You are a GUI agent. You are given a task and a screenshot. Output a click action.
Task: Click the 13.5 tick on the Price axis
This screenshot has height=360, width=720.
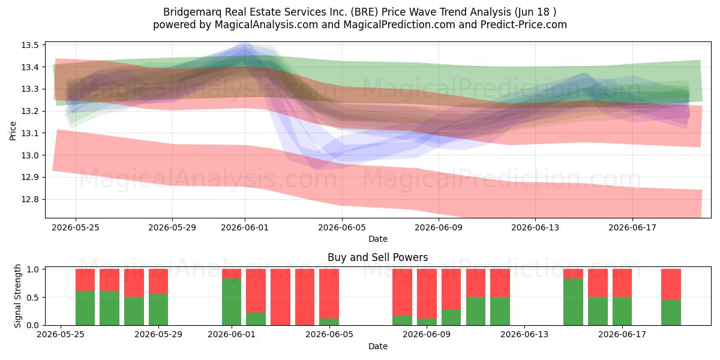(x=30, y=45)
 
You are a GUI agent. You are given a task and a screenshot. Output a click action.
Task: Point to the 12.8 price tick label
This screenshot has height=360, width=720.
(x=30, y=200)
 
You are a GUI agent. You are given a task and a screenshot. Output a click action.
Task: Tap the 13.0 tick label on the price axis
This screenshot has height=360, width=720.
(x=30, y=155)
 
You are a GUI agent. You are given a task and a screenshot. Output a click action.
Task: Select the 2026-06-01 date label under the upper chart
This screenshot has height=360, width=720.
(x=245, y=227)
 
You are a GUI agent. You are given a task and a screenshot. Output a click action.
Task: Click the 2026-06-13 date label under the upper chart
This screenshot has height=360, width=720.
(x=535, y=227)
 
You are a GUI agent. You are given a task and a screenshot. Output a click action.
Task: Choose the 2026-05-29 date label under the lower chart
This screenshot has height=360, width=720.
(x=158, y=334)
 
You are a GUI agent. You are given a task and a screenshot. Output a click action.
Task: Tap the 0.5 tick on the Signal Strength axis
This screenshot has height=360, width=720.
(x=33, y=298)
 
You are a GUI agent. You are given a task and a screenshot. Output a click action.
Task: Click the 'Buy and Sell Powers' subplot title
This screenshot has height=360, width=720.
(x=377, y=257)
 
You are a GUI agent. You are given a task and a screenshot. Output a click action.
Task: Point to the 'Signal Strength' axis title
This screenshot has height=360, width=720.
(x=17, y=296)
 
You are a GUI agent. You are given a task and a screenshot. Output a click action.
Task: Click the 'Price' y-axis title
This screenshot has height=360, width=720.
(x=13, y=131)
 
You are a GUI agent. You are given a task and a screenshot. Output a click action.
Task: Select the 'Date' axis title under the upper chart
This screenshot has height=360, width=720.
(x=377, y=239)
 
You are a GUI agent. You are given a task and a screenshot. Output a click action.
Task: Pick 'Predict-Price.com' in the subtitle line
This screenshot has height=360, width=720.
(x=524, y=25)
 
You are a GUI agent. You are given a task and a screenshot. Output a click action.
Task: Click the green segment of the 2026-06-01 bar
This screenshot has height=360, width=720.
(x=232, y=302)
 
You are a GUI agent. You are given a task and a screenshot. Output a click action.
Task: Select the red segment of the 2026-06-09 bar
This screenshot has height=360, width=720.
(x=427, y=294)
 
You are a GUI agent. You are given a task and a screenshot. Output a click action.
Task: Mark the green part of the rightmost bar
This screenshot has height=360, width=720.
(x=671, y=313)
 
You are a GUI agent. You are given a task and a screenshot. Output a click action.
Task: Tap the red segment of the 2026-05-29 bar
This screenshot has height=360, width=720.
(x=158, y=281)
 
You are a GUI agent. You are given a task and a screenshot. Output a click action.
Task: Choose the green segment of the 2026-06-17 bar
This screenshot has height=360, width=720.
(x=622, y=311)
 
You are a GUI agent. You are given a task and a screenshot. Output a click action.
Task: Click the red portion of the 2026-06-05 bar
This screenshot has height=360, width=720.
(x=329, y=294)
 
